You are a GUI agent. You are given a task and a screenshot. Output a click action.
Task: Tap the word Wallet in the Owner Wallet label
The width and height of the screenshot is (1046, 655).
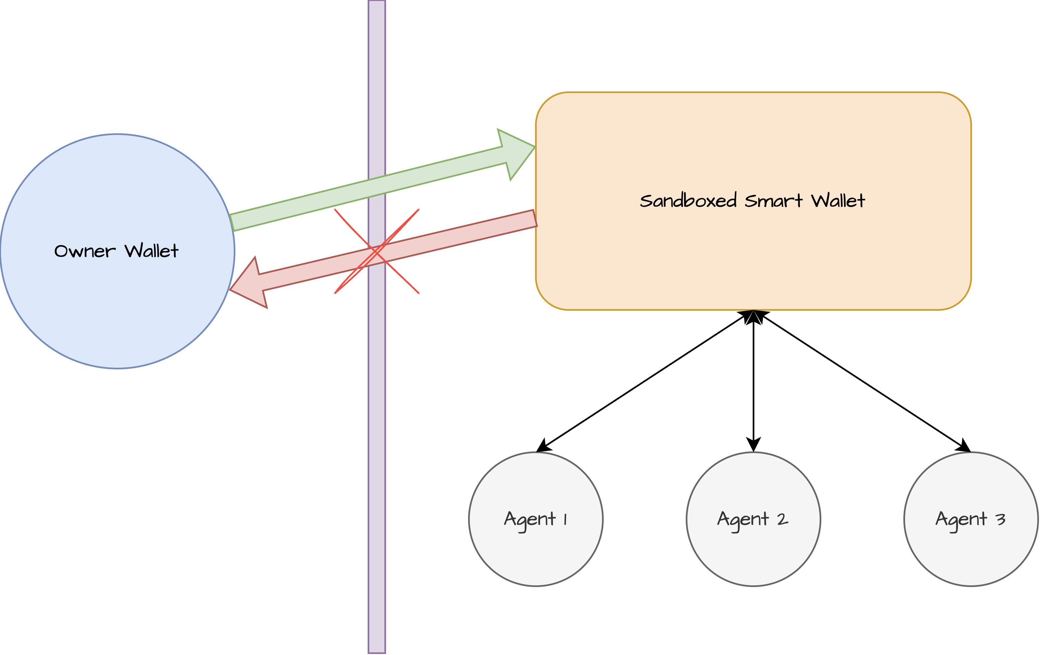tap(152, 251)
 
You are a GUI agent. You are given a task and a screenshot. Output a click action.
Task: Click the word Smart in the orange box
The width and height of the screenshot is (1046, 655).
tap(773, 201)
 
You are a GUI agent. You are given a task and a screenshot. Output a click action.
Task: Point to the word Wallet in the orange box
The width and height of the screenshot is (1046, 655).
tap(838, 201)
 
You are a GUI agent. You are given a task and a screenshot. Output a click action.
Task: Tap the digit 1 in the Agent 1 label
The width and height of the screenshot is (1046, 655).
tap(565, 519)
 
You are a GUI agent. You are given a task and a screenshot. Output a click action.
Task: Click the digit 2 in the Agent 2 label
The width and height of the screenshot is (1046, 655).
tap(782, 519)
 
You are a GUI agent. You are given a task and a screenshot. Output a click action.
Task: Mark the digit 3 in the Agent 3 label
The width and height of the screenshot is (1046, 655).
tap(1000, 519)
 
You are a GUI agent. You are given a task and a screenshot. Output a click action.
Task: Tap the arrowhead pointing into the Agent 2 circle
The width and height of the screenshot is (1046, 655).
tap(753, 444)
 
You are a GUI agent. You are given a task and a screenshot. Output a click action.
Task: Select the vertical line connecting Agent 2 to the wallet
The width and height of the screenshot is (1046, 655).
tap(753, 381)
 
